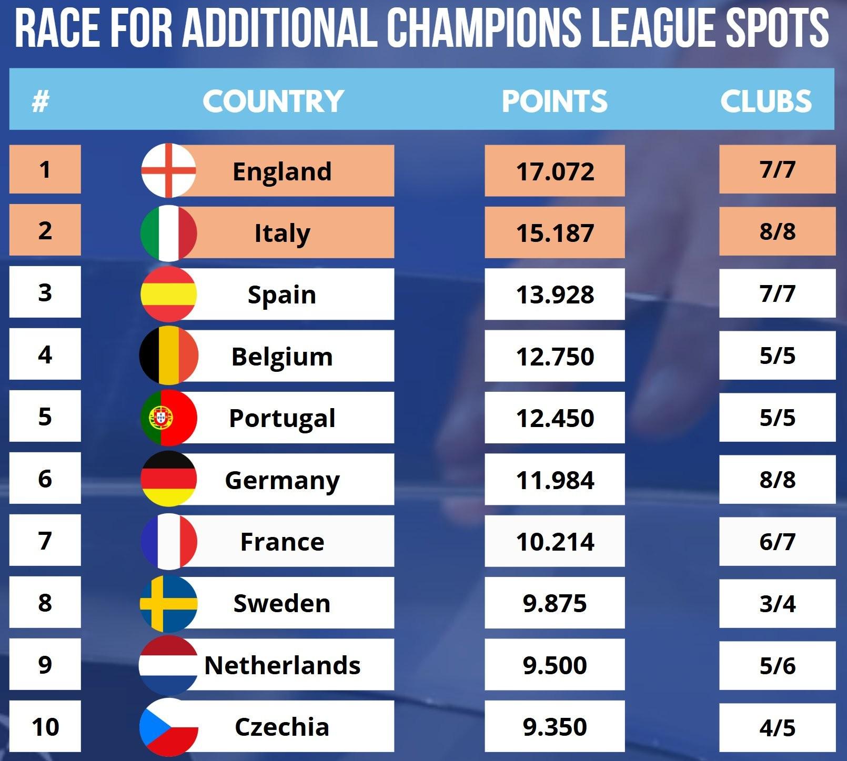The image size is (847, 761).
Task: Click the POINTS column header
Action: tap(554, 101)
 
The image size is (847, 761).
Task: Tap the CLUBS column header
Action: tap(766, 101)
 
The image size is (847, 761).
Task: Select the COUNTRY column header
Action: tap(273, 101)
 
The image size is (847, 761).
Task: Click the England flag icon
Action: tap(168, 170)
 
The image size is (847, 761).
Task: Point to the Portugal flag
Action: tap(168, 418)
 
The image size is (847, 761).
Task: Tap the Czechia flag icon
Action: tap(168, 726)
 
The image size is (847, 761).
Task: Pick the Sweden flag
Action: tap(168, 603)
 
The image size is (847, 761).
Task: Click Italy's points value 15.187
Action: tap(554, 232)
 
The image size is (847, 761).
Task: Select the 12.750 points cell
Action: tap(554, 357)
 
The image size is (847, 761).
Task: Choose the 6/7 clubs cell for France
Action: tap(777, 542)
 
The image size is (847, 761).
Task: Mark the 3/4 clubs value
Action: tap(777, 604)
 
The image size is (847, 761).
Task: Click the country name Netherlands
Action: tap(283, 665)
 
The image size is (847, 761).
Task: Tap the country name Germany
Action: tap(283, 480)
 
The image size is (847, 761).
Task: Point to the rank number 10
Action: tap(45, 727)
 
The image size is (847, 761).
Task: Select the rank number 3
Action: tap(45, 292)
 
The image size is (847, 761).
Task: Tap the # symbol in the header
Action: tap(41, 101)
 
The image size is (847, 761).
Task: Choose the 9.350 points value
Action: tap(554, 727)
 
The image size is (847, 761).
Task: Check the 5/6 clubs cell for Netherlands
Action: tap(777, 666)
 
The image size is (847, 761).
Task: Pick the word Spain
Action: tap(282, 295)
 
